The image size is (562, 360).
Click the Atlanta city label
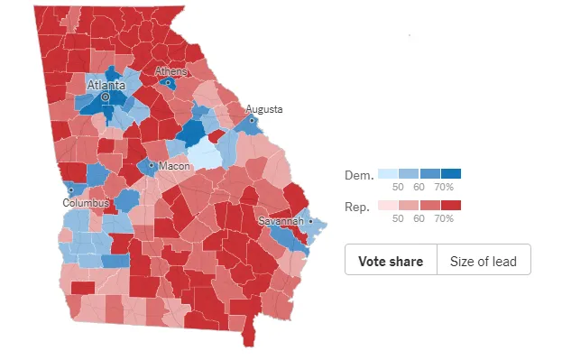[106, 85]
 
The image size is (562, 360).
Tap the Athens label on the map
[170, 71]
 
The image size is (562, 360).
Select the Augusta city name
[263, 109]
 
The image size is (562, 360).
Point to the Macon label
[171, 167]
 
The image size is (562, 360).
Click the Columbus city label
[86, 203]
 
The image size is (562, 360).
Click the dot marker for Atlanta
[105, 96]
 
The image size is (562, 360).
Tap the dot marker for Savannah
[309, 221]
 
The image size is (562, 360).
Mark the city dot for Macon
[151, 166]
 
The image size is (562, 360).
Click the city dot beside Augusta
[252, 119]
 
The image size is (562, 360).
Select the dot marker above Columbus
[70, 190]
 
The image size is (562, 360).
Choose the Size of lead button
[484, 261]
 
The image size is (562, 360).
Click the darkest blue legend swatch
[451, 173]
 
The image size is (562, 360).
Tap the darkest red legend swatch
[451, 206]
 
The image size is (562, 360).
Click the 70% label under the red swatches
[444, 219]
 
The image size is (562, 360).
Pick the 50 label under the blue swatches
[396, 187]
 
